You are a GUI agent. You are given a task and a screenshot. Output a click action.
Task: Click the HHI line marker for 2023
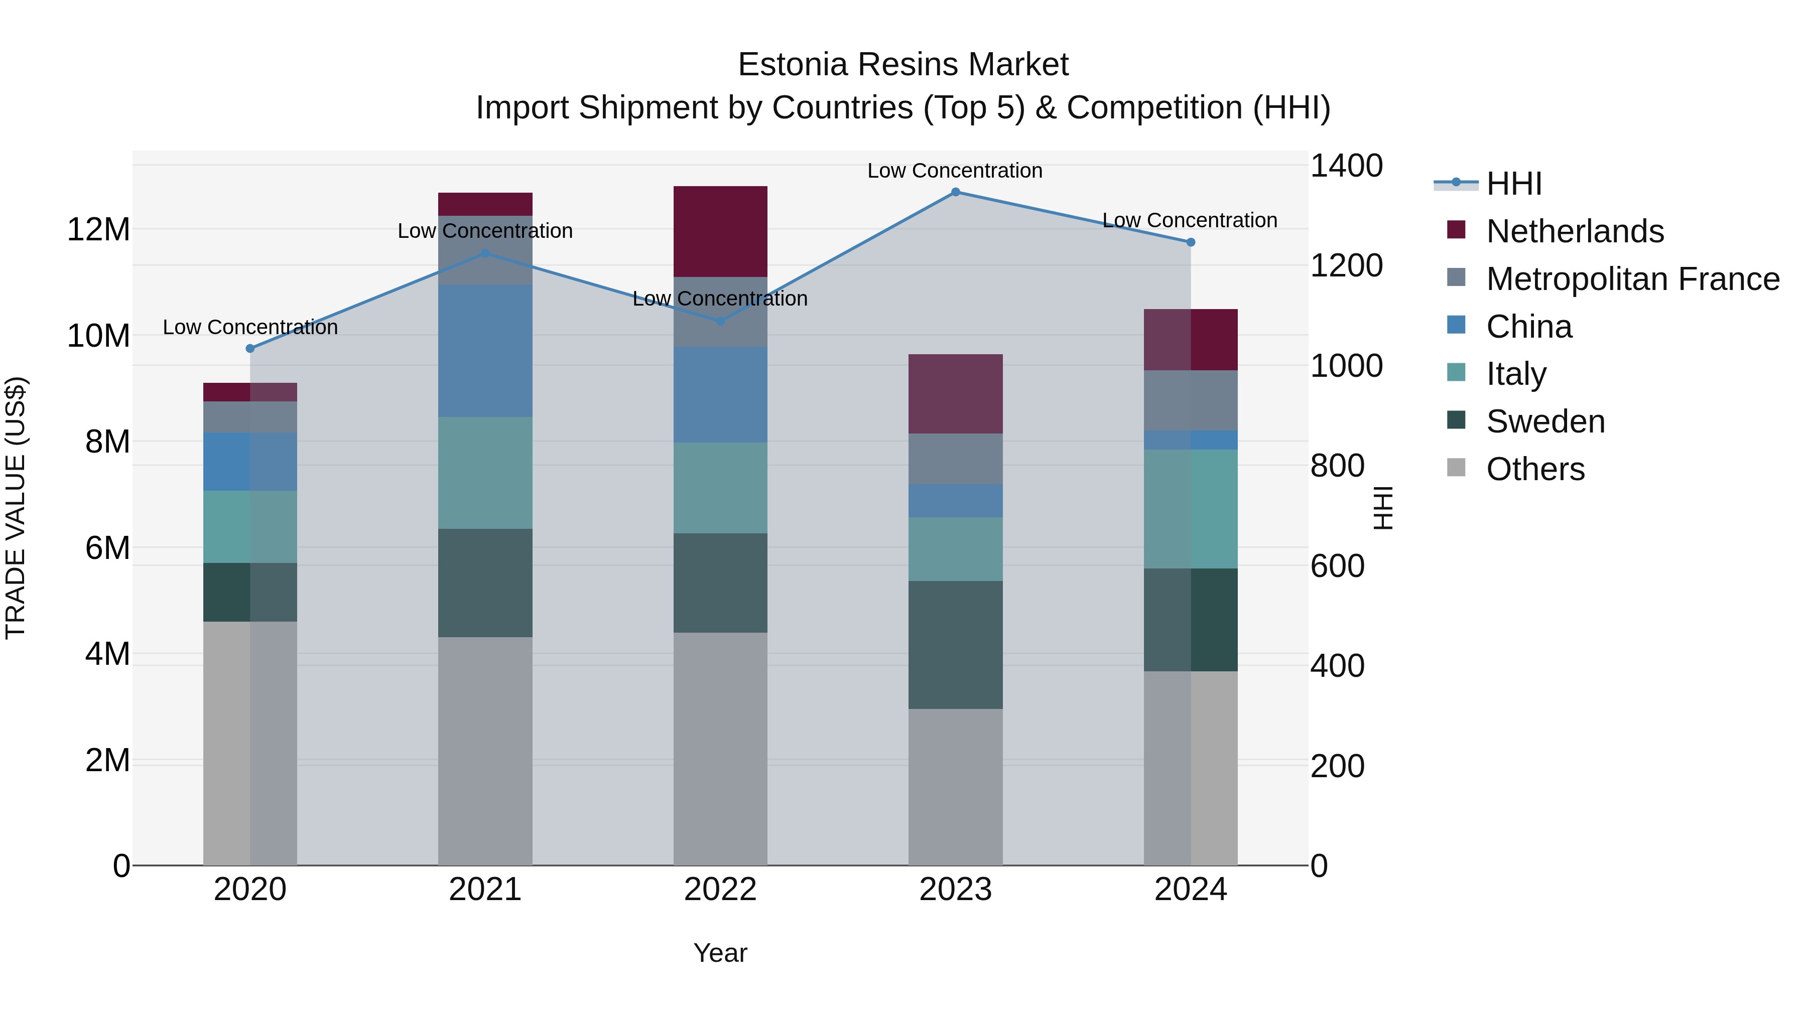955,192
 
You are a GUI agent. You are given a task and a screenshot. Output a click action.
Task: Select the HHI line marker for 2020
250,349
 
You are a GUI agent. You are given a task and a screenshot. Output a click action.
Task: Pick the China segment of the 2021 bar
485,351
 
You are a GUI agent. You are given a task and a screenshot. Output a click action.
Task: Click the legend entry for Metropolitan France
1632,279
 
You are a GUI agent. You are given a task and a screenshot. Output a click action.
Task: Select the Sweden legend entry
1545,421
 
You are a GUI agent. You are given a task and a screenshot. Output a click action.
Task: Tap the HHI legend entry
1514,184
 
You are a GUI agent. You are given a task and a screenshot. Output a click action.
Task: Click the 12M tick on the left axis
98,230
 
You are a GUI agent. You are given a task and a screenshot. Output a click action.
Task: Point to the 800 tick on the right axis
1337,466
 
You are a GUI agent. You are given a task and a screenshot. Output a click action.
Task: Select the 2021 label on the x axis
485,890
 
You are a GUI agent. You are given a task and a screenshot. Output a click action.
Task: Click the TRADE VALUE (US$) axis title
16,508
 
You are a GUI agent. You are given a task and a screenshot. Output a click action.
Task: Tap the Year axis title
720,953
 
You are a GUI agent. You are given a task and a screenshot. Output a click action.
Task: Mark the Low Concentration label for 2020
250,328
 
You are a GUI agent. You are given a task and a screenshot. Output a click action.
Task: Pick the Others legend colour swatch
1456,468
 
